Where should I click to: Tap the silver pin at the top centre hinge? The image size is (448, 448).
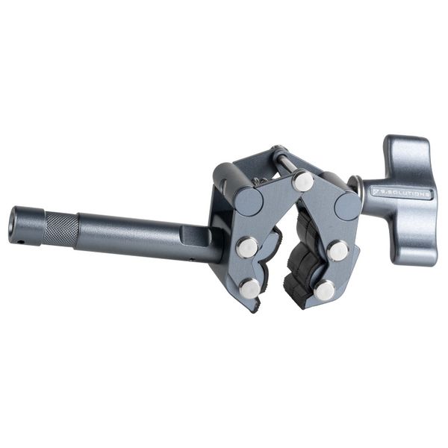coord(302,181)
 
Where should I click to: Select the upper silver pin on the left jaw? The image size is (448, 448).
coord(248,246)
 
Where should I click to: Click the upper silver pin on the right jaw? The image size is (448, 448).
coord(337,250)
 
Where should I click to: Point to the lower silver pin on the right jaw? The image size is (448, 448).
coord(324,290)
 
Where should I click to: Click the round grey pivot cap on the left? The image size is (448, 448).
coord(249,201)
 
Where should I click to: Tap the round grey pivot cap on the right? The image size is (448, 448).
coord(348,205)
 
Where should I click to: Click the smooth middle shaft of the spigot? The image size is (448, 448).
coord(127,235)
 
